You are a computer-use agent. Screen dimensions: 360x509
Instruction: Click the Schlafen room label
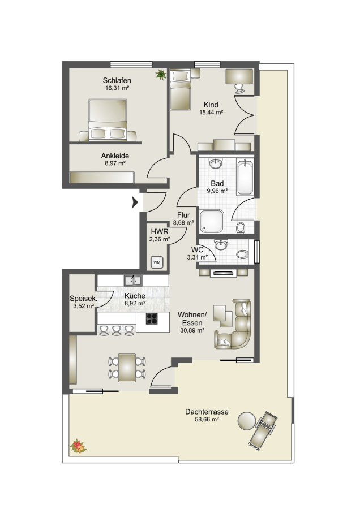coord(117,80)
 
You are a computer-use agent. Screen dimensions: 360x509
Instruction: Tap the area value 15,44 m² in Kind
coord(211,113)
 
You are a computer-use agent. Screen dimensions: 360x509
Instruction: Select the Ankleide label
coord(115,156)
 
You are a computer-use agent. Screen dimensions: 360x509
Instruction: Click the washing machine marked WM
coord(157,262)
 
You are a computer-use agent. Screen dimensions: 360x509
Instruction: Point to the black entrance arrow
coord(135,202)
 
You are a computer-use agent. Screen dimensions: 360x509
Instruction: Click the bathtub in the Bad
coord(245,176)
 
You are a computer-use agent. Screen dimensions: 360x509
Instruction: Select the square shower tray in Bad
coord(212,221)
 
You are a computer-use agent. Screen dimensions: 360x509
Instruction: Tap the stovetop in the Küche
coord(152,318)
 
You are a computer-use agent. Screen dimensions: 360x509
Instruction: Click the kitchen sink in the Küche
coord(133,280)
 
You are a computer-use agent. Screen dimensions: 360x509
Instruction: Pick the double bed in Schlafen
coord(108,120)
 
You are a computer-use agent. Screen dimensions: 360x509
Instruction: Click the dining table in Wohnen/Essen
coord(127,368)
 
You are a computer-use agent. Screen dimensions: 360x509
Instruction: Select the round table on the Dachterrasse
coord(247,421)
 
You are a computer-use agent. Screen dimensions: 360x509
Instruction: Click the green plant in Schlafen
coord(161,74)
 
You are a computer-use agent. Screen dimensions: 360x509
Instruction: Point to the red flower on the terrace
coord(78,446)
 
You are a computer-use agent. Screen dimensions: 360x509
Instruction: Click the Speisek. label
coord(82,299)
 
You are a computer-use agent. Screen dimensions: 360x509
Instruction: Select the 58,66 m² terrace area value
coord(206,419)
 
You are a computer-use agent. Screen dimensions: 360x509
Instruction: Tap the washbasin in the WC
coord(221,245)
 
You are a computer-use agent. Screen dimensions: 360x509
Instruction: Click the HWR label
coord(160,232)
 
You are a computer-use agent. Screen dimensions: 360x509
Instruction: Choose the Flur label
coord(183,215)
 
